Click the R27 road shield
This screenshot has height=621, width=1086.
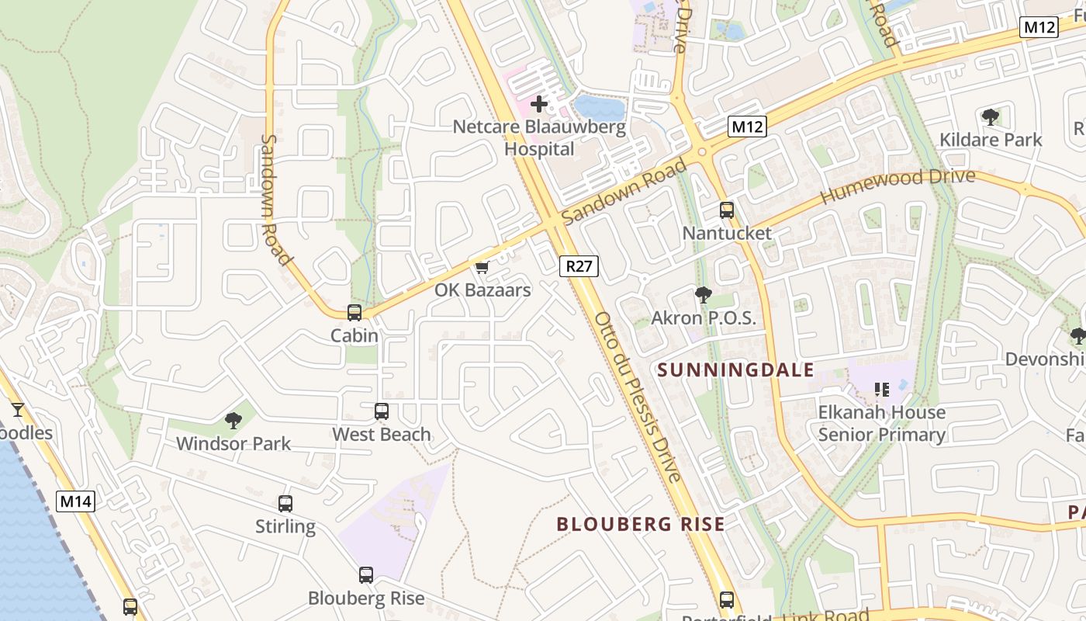coord(579,266)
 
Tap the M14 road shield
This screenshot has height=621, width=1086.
coord(76,501)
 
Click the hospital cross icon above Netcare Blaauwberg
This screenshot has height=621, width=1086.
coord(539,103)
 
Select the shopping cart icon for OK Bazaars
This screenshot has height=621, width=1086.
coord(482,268)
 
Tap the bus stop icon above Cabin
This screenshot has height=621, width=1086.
coord(355,313)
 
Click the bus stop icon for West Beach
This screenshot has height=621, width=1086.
coord(382,411)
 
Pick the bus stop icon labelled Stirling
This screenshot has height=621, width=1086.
coord(285,504)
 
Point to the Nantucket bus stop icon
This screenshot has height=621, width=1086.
coord(727,210)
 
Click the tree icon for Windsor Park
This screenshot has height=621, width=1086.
coord(233,421)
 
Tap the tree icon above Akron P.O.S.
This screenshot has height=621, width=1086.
coord(704,294)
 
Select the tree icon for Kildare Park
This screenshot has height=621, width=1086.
coord(991,117)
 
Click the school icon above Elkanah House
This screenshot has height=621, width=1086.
coord(881,389)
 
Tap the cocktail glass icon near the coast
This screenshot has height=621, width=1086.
coord(17,409)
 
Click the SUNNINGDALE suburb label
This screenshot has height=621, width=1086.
coord(735,369)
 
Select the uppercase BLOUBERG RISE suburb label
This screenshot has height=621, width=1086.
coord(641,524)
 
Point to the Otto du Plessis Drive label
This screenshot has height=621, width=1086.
coord(638,397)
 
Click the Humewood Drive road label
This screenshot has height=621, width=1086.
coord(898,186)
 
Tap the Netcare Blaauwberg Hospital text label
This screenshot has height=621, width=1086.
coord(539,137)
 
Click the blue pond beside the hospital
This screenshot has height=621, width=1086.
coord(599,108)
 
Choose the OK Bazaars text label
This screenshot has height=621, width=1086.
coord(482,290)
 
